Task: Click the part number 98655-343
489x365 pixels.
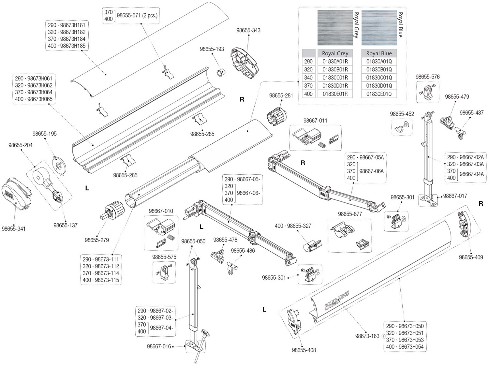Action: tap(248, 30)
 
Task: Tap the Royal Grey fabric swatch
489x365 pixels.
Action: tap(335, 27)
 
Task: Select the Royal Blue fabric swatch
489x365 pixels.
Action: tap(379, 27)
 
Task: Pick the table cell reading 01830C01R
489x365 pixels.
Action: tap(335, 78)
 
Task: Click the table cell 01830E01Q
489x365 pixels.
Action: tap(379, 94)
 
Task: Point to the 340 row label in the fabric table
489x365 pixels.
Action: tap(308, 78)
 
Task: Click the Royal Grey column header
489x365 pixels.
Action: tap(335, 53)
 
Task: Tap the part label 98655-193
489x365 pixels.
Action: tap(212, 49)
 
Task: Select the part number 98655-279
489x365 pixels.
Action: tap(97, 240)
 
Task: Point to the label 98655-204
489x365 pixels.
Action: tap(21, 145)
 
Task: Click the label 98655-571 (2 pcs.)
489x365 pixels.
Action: tap(137, 15)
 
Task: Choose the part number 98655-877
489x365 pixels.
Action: tap(350, 214)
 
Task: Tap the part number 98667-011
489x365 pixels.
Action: tap(315, 120)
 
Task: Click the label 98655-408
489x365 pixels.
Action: tap(304, 350)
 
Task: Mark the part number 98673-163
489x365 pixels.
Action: tap(367, 336)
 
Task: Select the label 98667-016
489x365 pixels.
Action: tap(159, 346)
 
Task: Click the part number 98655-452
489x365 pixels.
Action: tap(402, 114)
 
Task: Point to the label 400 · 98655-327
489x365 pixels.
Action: tap(293, 226)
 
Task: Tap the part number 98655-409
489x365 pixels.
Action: tap(471, 257)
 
